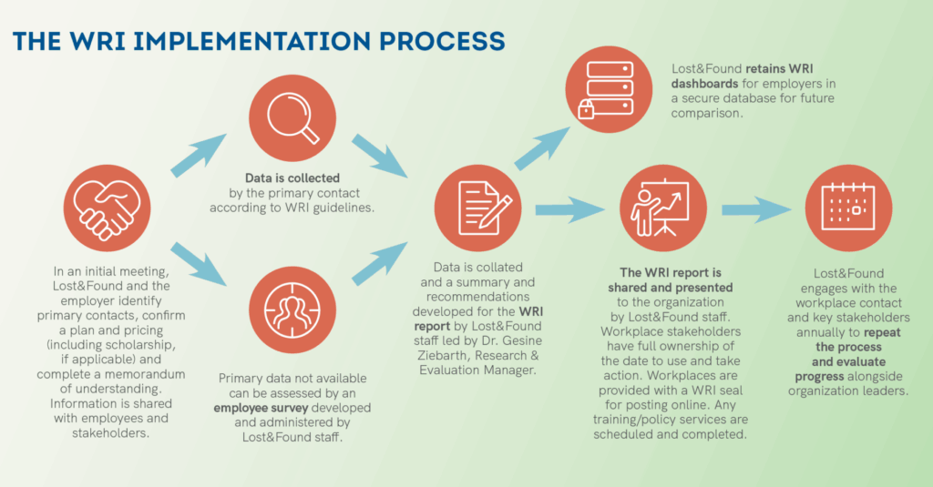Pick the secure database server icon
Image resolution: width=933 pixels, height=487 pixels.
[608, 90]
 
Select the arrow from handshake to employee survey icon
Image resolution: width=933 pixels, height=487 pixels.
[201, 263]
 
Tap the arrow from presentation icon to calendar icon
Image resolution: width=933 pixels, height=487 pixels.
[756, 210]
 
